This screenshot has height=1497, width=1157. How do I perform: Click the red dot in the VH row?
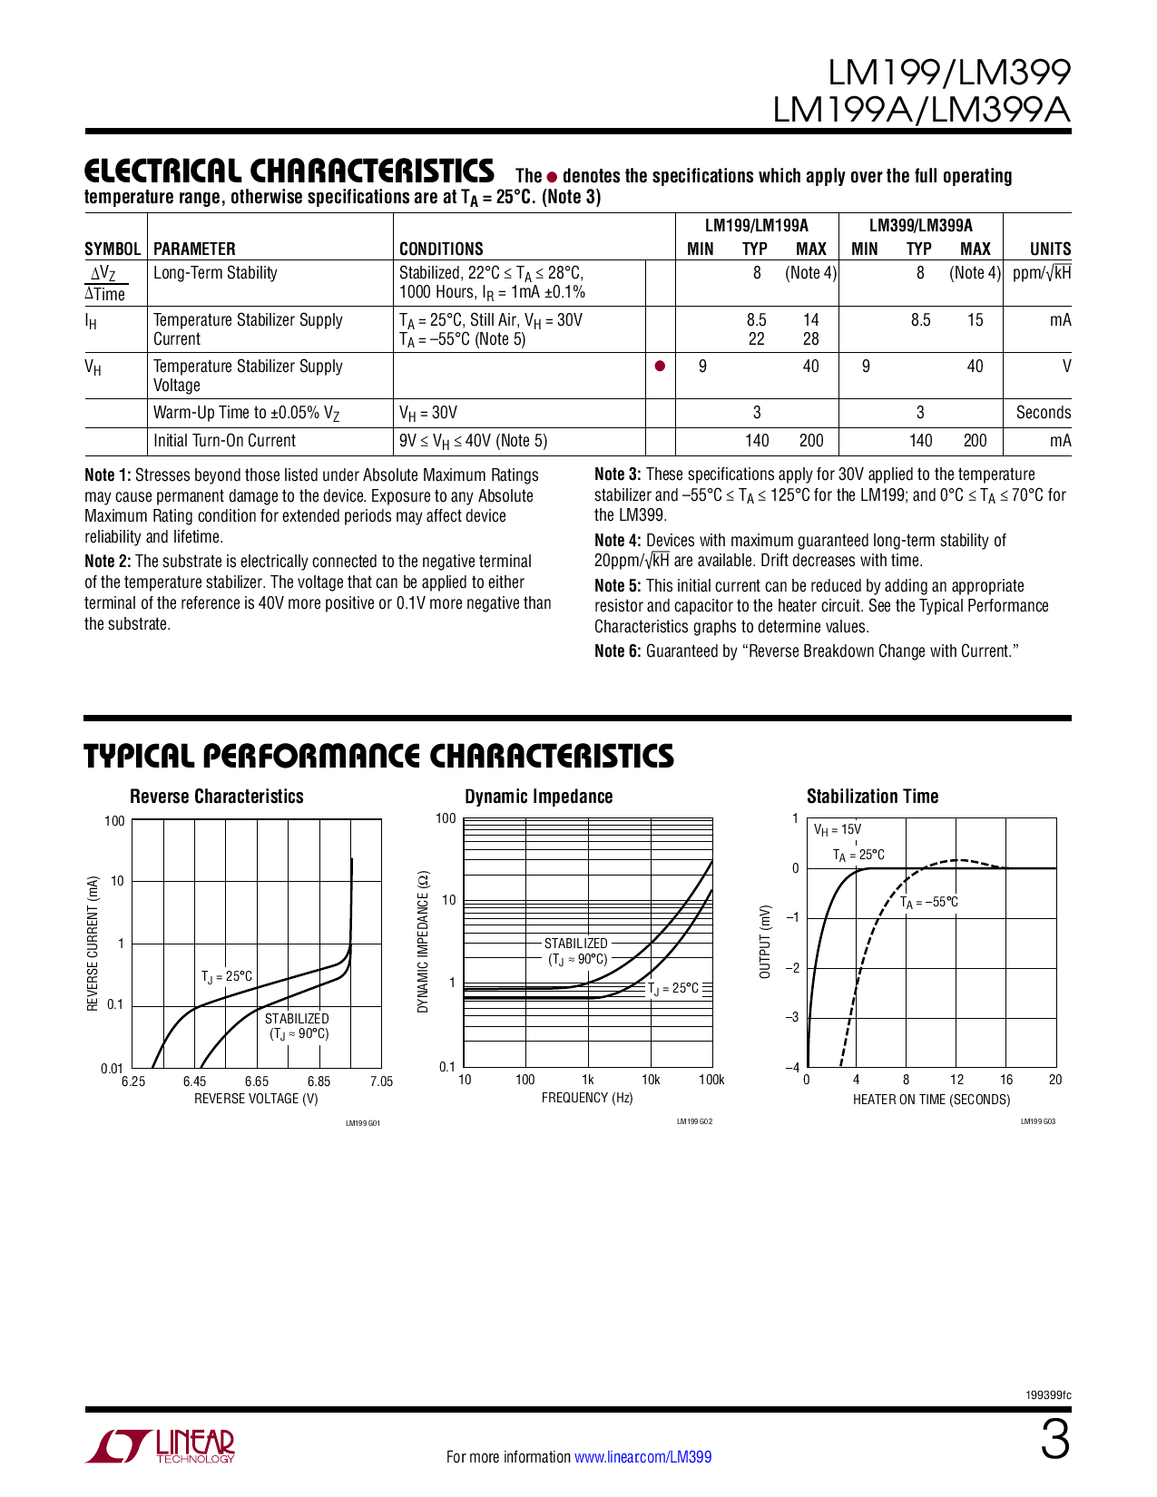[x=660, y=367]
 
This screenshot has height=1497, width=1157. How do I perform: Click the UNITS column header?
[x=1050, y=249]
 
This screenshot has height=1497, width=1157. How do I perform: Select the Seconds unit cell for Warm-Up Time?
[x=1043, y=413]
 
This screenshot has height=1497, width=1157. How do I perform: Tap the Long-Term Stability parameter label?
[x=215, y=273]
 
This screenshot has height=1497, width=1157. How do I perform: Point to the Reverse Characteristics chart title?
[x=217, y=797]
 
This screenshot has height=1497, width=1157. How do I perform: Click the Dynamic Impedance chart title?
[x=538, y=797]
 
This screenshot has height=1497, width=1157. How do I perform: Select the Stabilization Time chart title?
[x=872, y=797]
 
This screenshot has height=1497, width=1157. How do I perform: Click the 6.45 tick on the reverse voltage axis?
[x=194, y=1081]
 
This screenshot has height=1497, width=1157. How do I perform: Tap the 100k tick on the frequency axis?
[x=711, y=1080]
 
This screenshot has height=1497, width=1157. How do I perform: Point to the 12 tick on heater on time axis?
[x=956, y=1080]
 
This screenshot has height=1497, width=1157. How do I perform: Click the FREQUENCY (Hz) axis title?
[x=587, y=1098]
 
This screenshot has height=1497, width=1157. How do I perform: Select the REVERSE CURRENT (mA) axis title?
[x=93, y=944]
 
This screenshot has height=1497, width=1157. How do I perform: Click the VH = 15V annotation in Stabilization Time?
[x=837, y=829]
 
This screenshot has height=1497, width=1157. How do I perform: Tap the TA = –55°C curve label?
[x=929, y=903]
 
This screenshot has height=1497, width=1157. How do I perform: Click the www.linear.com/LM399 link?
[x=642, y=1457]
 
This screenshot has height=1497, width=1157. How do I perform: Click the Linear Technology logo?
[x=162, y=1446]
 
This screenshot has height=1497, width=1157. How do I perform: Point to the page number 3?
[x=1054, y=1442]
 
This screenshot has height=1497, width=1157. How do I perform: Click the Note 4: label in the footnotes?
[x=617, y=541]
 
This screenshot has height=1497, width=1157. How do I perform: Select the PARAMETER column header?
[x=194, y=249]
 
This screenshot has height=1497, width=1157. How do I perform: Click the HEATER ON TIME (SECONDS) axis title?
[x=931, y=1100]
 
